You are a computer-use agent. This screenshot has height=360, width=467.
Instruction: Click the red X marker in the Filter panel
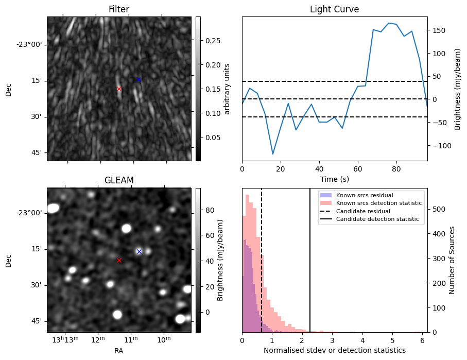coord(119,89)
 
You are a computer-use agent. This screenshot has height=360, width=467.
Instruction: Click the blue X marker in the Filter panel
coord(139,79)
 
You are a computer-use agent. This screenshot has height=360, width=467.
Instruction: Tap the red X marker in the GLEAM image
coord(119,261)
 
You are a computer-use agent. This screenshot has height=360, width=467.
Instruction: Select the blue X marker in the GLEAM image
coord(139,251)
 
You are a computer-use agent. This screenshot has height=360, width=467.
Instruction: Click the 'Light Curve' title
coord(334,10)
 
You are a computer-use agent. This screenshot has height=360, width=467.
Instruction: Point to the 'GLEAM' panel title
coord(119,180)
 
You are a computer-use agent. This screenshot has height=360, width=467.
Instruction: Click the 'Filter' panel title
coord(119,10)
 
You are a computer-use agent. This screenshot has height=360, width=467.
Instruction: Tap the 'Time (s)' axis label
coord(334,179)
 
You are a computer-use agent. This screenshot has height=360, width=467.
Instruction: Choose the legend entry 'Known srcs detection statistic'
coord(378,203)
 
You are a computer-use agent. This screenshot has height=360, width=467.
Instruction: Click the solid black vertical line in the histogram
coord(310,268)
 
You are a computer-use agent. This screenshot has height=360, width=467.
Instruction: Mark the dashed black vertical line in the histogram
coord(262,268)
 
